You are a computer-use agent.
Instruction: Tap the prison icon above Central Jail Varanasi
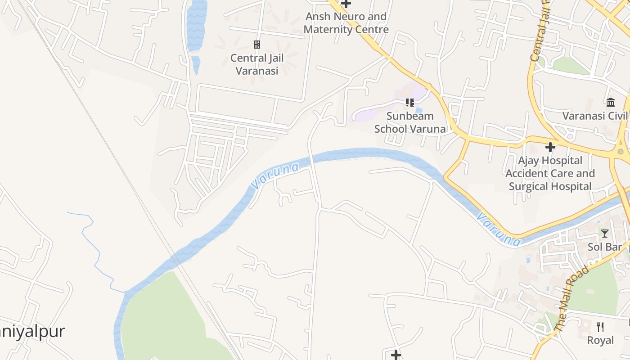[x=257, y=44]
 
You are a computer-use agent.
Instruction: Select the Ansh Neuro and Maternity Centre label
[x=346, y=23]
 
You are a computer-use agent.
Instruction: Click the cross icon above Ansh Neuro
[x=346, y=4]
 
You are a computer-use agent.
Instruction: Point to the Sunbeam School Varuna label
[x=410, y=122]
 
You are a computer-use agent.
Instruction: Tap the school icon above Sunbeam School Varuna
[x=409, y=103]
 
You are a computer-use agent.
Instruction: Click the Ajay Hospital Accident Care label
[x=550, y=173]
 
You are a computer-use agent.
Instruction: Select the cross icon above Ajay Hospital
[x=550, y=147]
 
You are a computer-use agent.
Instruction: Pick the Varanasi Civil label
[x=595, y=116]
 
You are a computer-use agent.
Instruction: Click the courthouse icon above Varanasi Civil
[x=611, y=102]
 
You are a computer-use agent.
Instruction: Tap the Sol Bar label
[x=605, y=247]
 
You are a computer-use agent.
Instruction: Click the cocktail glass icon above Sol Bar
[x=605, y=233]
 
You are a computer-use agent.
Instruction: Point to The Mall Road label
[x=572, y=299]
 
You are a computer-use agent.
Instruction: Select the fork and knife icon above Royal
[x=600, y=327]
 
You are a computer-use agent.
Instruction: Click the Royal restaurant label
[x=600, y=340]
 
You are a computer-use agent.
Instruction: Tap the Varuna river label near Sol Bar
[x=499, y=229]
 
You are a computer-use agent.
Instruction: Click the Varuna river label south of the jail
[x=275, y=176]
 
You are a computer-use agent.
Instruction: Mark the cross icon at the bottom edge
[x=396, y=355]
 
